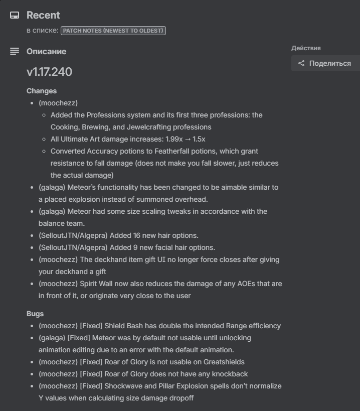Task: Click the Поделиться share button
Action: (x=325, y=63)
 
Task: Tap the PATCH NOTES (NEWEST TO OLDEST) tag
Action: (x=113, y=31)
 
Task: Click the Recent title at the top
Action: (x=43, y=15)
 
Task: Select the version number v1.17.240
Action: (x=49, y=72)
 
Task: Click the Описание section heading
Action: (x=46, y=51)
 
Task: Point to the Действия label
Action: (x=306, y=48)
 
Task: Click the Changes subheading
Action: (x=42, y=91)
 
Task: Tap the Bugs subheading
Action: (x=35, y=314)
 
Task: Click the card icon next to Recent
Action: (x=15, y=15)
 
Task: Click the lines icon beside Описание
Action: (x=15, y=51)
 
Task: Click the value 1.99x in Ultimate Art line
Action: (x=173, y=139)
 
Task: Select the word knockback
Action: (x=231, y=374)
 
